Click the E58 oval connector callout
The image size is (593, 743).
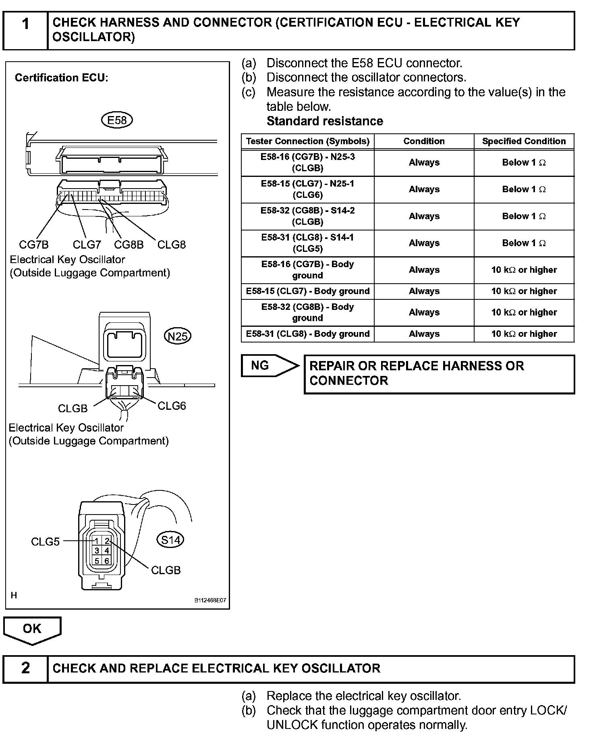tap(117, 120)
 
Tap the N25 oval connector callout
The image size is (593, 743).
tap(178, 336)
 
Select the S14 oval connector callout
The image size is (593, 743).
tap(170, 540)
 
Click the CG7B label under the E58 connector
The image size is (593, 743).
tap(34, 245)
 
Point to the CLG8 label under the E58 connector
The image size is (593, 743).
tap(171, 245)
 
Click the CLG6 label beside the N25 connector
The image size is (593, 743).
tap(172, 406)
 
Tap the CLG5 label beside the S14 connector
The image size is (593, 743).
tap(45, 542)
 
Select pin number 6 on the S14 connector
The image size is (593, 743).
tap(107, 560)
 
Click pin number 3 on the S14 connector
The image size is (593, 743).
tap(97, 550)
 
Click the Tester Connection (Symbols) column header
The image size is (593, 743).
tap(307, 141)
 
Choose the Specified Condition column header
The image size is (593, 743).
tap(524, 141)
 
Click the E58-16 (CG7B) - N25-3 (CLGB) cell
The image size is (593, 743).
tap(307, 162)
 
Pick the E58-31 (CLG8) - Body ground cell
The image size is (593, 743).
tap(307, 334)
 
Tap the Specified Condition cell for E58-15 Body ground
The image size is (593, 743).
tap(524, 291)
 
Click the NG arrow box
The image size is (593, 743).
tap(266, 365)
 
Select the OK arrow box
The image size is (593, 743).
tap(32, 629)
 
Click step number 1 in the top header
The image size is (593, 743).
tap(25, 25)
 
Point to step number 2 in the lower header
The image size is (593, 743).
tap(25, 668)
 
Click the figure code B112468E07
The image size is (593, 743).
tap(210, 600)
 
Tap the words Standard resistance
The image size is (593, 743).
tap(325, 121)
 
